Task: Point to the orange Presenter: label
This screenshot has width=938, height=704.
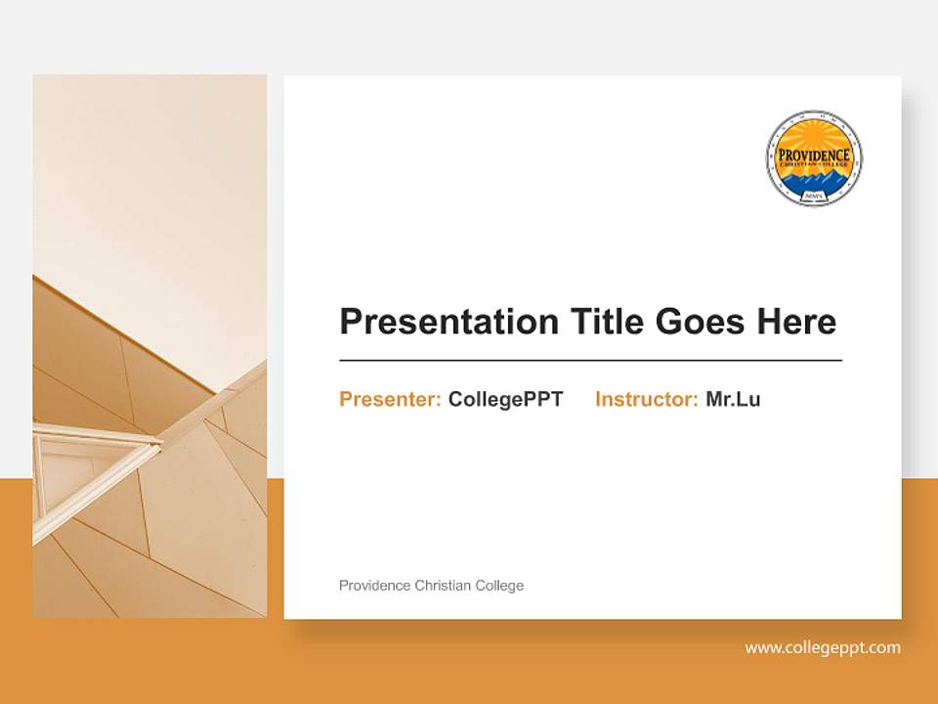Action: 390,399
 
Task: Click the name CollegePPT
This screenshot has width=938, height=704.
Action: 505,399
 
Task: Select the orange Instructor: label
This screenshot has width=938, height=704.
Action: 646,399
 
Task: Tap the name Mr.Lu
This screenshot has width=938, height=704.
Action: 733,399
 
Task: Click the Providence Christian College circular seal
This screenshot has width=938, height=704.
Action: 814,158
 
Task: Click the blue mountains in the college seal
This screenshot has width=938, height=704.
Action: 814,181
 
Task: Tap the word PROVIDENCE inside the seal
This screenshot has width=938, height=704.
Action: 814,155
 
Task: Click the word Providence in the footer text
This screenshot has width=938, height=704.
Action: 374,586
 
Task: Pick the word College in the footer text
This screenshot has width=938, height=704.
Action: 499,586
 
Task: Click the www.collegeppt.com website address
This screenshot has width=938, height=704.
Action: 823,647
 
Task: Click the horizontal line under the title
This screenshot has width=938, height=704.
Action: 590,361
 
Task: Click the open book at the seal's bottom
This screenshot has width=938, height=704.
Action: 814,197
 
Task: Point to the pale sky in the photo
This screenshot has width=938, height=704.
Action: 147,176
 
